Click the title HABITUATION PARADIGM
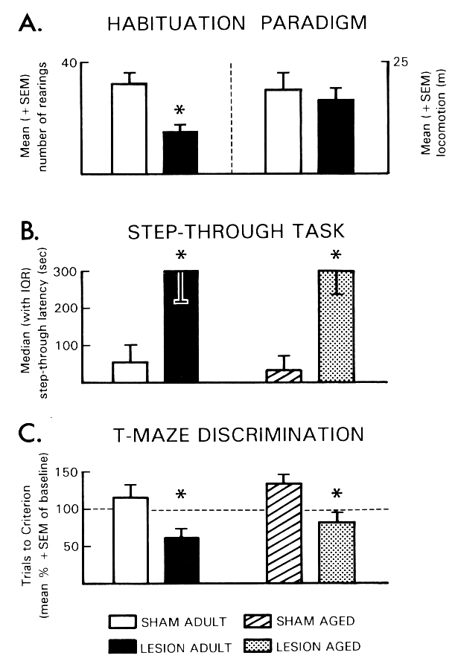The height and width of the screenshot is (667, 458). click(x=236, y=23)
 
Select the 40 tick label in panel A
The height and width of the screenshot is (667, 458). click(x=69, y=63)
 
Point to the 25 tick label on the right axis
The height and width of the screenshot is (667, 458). click(x=401, y=63)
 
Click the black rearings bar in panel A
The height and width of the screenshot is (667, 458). click(x=180, y=152)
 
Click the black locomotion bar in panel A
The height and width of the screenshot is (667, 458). click(x=335, y=136)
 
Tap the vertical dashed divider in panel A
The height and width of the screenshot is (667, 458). click(x=232, y=119)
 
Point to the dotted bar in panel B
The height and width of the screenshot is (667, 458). click(x=336, y=326)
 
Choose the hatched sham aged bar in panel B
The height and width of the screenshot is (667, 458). click(x=284, y=376)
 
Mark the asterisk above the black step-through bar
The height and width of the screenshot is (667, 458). click(x=180, y=257)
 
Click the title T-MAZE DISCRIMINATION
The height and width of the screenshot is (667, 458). click(x=236, y=434)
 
